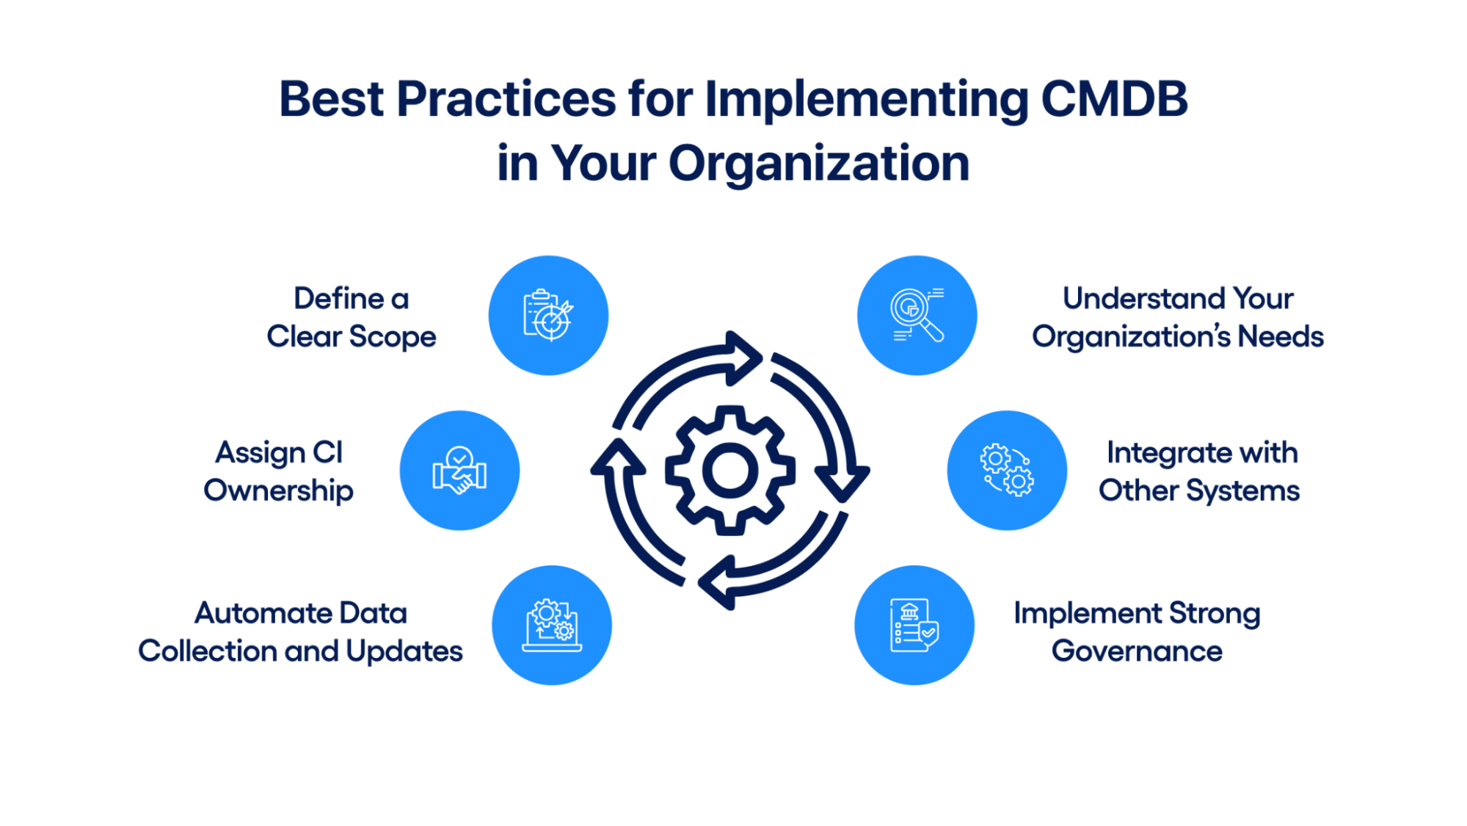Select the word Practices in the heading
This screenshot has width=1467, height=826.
506,99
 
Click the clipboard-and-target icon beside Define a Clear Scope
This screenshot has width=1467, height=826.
548,316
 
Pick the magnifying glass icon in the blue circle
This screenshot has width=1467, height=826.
917,316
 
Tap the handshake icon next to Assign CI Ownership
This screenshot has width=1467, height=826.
459,471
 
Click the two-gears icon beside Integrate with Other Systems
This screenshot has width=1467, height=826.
1007,471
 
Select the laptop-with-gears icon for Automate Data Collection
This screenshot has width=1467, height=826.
552,626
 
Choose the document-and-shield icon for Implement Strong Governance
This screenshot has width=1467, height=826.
914,626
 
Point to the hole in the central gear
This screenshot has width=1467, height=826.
730,471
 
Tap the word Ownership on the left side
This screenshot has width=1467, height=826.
278,491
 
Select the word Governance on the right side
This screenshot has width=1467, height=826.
1137,651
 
